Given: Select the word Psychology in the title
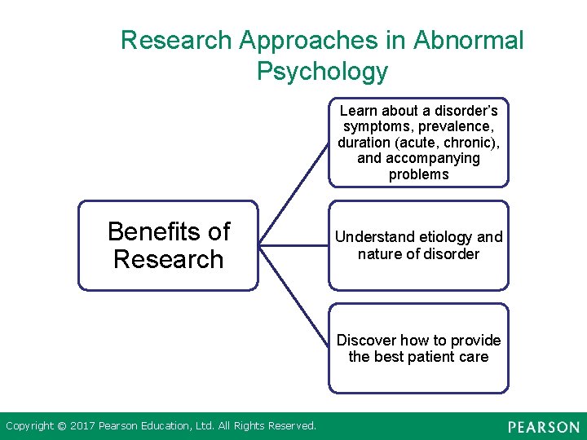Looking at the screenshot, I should click(x=322, y=72).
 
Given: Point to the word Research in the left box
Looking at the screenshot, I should click(x=168, y=260).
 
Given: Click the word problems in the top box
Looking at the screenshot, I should click(x=418, y=174).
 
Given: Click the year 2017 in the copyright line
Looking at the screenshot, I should click(x=83, y=425).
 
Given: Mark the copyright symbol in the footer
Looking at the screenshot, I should click(x=60, y=425).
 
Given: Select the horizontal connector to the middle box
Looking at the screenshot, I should click(x=293, y=244).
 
